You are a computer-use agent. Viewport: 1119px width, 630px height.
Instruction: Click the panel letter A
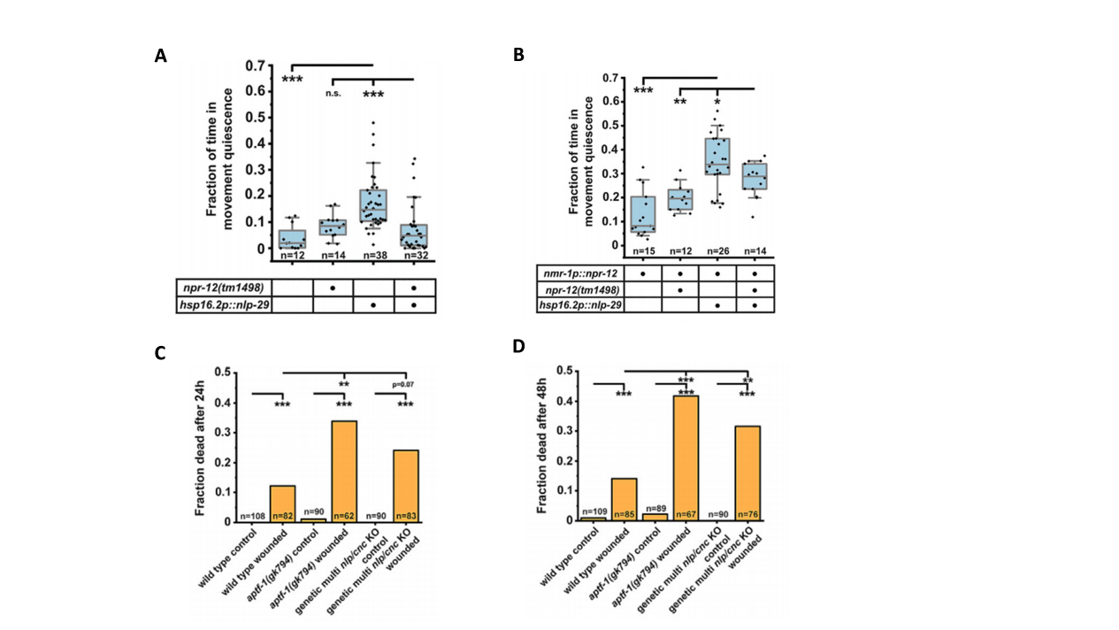[160, 56]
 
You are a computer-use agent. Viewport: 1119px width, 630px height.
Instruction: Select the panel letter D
[518, 346]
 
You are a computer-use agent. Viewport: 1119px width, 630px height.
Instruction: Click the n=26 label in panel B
[718, 250]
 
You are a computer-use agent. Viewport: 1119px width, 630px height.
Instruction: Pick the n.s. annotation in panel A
[333, 94]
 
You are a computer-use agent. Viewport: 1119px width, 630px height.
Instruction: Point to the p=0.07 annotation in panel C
[402, 384]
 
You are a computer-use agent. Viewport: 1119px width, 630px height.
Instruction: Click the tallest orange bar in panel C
[345, 471]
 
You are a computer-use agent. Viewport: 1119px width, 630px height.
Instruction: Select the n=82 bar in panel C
[283, 503]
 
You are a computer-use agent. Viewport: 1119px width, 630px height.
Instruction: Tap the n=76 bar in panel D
[747, 473]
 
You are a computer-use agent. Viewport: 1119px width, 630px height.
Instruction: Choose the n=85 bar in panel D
[625, 500]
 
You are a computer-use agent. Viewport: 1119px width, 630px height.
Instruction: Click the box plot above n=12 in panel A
[292, 239]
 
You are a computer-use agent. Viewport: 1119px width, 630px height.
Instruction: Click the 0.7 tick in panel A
[256, 66]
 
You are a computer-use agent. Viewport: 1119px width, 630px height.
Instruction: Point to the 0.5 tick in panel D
[566, 371]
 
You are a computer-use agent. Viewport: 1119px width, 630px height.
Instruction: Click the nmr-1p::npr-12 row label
[581, 273]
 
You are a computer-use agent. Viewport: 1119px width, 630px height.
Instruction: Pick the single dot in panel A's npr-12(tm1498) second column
[333, 288]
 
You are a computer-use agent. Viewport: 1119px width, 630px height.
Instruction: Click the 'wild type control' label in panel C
[227, 558]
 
